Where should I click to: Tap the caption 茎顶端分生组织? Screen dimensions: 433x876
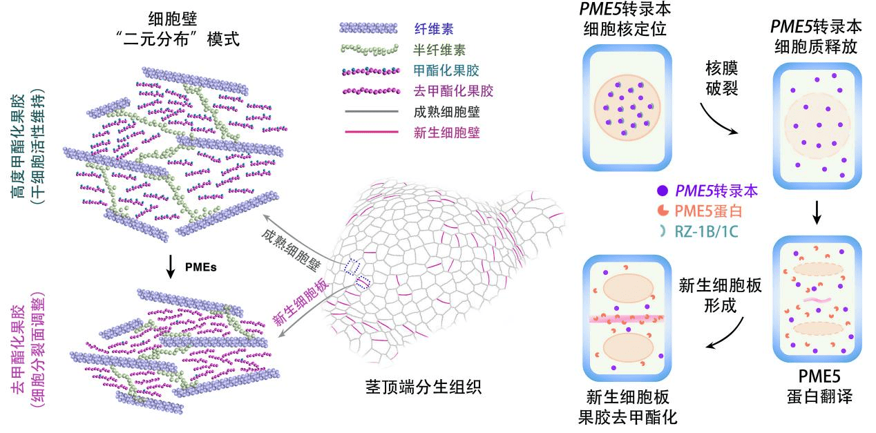point(422,388)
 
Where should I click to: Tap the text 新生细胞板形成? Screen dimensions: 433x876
point(721,295)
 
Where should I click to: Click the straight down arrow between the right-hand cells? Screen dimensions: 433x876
point(817,215)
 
